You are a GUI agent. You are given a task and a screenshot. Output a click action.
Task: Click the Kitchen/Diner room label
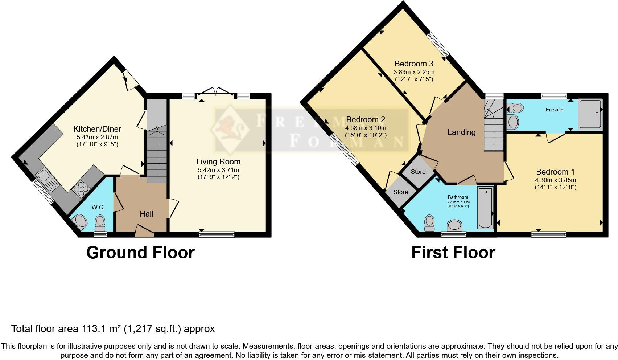coord(97,129)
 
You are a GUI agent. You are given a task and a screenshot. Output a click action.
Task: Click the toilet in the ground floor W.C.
coord(100,222)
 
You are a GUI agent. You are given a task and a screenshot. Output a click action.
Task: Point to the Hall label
coord(147,214)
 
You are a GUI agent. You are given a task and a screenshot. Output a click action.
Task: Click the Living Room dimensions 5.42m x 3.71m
coord(218,170)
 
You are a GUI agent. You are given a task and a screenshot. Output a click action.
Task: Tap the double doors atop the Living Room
coord(216,91)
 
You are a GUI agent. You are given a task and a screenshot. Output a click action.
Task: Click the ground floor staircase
coord(157,156)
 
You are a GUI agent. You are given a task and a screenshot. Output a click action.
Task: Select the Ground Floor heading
coord(140,253)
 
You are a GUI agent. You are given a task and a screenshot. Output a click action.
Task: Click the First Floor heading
coord(453,253)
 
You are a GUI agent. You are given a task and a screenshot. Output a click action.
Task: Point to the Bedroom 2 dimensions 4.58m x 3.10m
coord(366,128)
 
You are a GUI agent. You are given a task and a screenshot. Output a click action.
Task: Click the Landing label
coord(461,132)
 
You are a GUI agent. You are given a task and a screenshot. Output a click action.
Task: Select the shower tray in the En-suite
coord(590,114)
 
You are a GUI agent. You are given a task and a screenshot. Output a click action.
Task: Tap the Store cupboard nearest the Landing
coord(418,172)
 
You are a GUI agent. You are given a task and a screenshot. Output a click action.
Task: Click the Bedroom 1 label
coord(555,172)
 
